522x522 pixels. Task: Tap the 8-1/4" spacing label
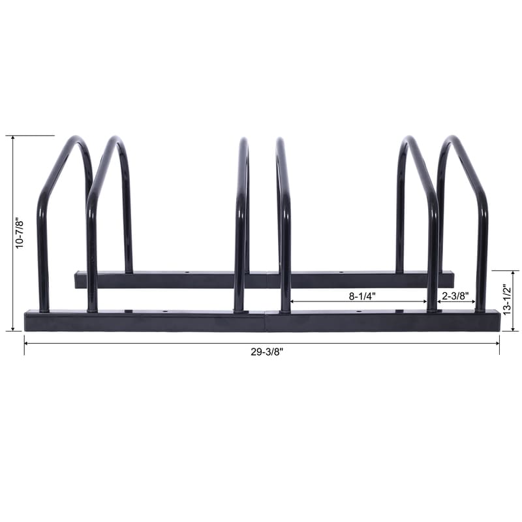[361, 296]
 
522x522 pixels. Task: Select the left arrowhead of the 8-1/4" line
[292, 302]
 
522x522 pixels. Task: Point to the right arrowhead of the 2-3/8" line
[474, 302]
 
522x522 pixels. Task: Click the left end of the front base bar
[27, 321]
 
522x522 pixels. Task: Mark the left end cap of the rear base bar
[76, 281]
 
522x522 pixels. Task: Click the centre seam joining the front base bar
[266, 321]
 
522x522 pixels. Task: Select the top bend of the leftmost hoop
[77, 139]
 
